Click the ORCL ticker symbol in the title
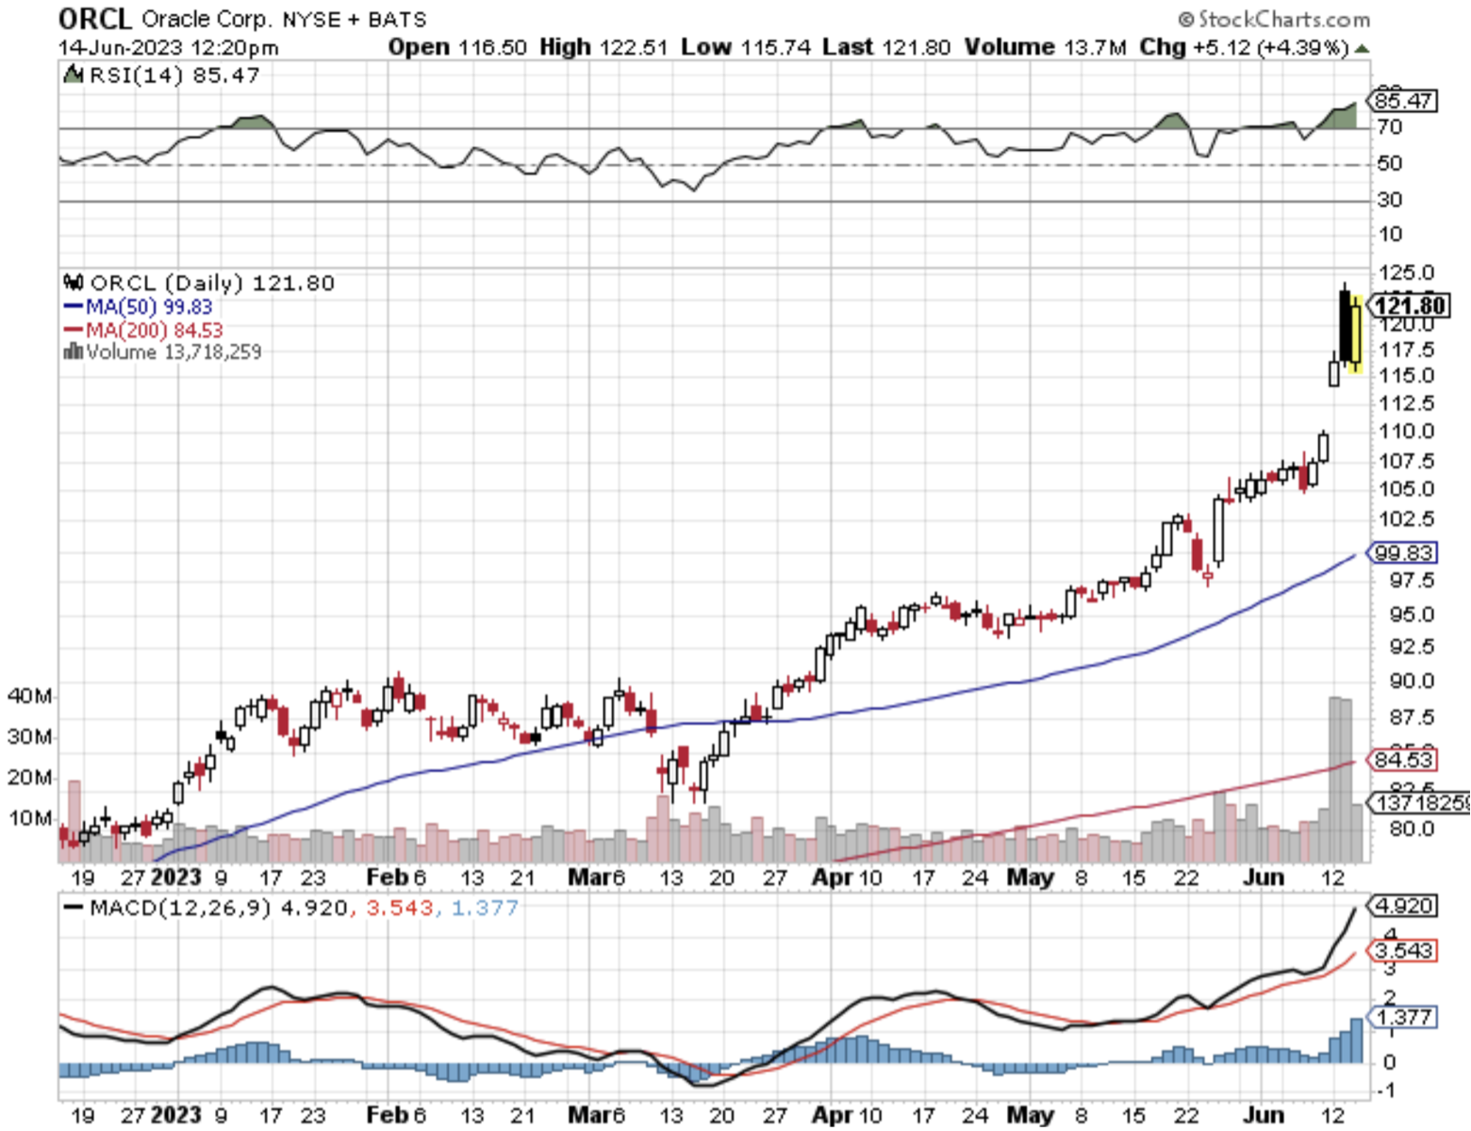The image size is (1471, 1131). click(x=94, y=19)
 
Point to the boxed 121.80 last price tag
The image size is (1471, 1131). click(x=1409, y=305)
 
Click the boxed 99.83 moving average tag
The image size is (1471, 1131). click(x=1403, y=553)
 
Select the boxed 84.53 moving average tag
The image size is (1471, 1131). click(x=1403, y=760)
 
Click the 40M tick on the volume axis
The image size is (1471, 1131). click(x=29, y=697)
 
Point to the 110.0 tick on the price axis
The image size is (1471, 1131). click(x=1405, y=432)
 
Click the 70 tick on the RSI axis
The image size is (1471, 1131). click(x=1390, y=127)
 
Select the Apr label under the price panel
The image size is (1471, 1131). click(x=833, y=877)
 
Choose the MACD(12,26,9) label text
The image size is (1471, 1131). click(x=180, y=908)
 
